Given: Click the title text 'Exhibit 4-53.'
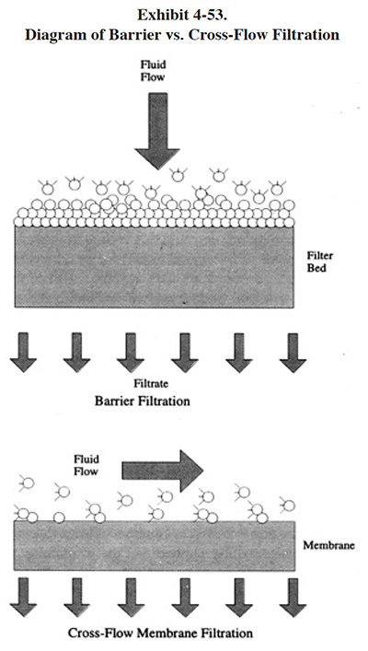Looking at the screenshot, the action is click(x=182, y=15).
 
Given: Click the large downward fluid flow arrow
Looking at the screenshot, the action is click(x=157, y=131).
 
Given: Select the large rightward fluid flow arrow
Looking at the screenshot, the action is click(x=163, y=471).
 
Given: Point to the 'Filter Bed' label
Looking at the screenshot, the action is click(x=319, y=262).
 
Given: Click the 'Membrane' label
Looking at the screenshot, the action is click(x=328, y=545).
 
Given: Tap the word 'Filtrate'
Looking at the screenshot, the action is click(x=151, y=384).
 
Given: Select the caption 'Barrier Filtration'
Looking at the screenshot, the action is click(x=143, y=401).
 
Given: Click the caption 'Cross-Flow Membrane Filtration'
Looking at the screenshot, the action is click(x=160, y=634).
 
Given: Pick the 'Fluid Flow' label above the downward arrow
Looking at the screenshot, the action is click(x=153, y=71).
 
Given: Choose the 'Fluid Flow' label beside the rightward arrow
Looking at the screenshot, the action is click(x=86, y=465).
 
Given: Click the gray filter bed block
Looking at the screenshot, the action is click(x=155, y=267).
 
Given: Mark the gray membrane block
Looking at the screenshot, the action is click(x=155, y=545).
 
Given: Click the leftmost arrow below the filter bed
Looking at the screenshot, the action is click(x=24, y=352).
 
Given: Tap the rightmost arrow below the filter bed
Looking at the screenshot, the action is click(x=293, y=353).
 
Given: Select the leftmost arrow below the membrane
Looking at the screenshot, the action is click(x=23, y=597).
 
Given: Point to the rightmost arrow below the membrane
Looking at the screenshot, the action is click(x=293, y=598).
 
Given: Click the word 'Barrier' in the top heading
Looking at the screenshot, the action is click(x=134, y=35).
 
